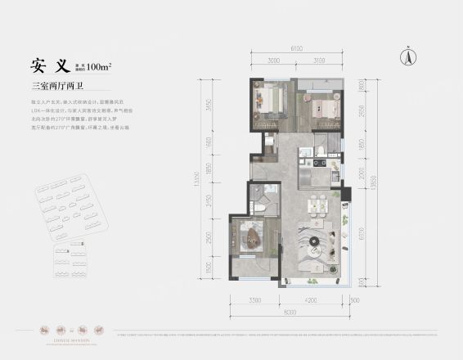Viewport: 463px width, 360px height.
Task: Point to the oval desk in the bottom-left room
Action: [253, 239]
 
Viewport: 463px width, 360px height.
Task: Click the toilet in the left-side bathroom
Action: [260, 208]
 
